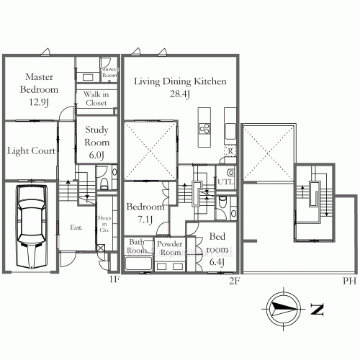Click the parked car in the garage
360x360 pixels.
[32, 226]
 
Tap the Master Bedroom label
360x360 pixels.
[39, 84]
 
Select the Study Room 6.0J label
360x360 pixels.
[96, 143]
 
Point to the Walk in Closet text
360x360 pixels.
[96, 99]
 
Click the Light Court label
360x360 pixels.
[31, 151]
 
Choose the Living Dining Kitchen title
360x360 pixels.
[180, 81]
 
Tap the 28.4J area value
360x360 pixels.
[180, 94]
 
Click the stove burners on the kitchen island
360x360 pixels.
[204, 128]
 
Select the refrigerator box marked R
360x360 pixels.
[230, 151]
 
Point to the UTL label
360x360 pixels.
[225, 181]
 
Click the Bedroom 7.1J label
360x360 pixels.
[145, 213]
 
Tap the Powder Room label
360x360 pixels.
[170, 248]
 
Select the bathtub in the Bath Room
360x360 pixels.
[138, 264]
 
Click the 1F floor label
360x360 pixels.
[114, 279]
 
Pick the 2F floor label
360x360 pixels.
[234, 281]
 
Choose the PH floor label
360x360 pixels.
[349, 281]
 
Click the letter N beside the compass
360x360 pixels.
[317, 310]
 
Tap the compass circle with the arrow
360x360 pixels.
[284, 309]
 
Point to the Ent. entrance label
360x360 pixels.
[76, 227]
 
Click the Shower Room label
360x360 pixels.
[109, 72]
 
